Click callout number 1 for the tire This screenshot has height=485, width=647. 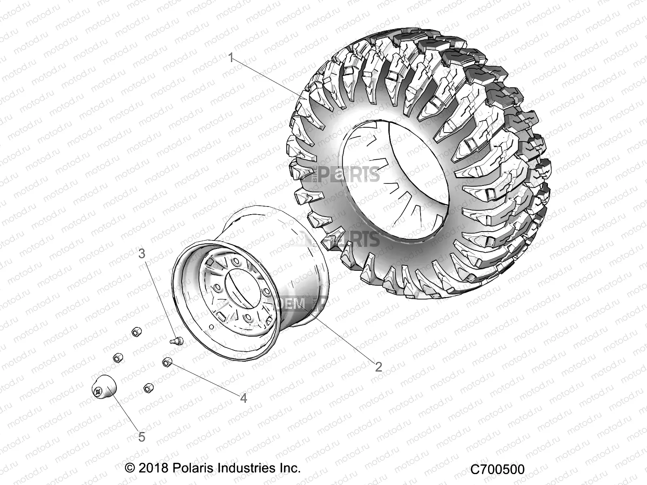pyautogui.click(x=231, y=58)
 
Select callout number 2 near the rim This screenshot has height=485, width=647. pyautogui.click(x=378, y=367)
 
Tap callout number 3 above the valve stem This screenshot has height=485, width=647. pyautogui.click(x=142, y=254)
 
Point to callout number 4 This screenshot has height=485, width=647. pyautogui.click(x=243, y=398)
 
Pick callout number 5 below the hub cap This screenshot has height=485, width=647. pyautogui.click(x=142, y=436)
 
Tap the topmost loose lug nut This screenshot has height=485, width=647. pyautogui.click(x=136, y=332)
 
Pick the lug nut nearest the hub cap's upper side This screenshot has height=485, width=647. pyautogui.click(x=117, y=358)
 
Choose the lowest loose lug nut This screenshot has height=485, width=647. pyautogui.click(x=148, y=388)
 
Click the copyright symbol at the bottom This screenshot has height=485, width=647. pyautogui.click(x=130, y=468)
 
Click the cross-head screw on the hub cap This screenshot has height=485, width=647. pyautogui.click(x=98, y=391)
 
